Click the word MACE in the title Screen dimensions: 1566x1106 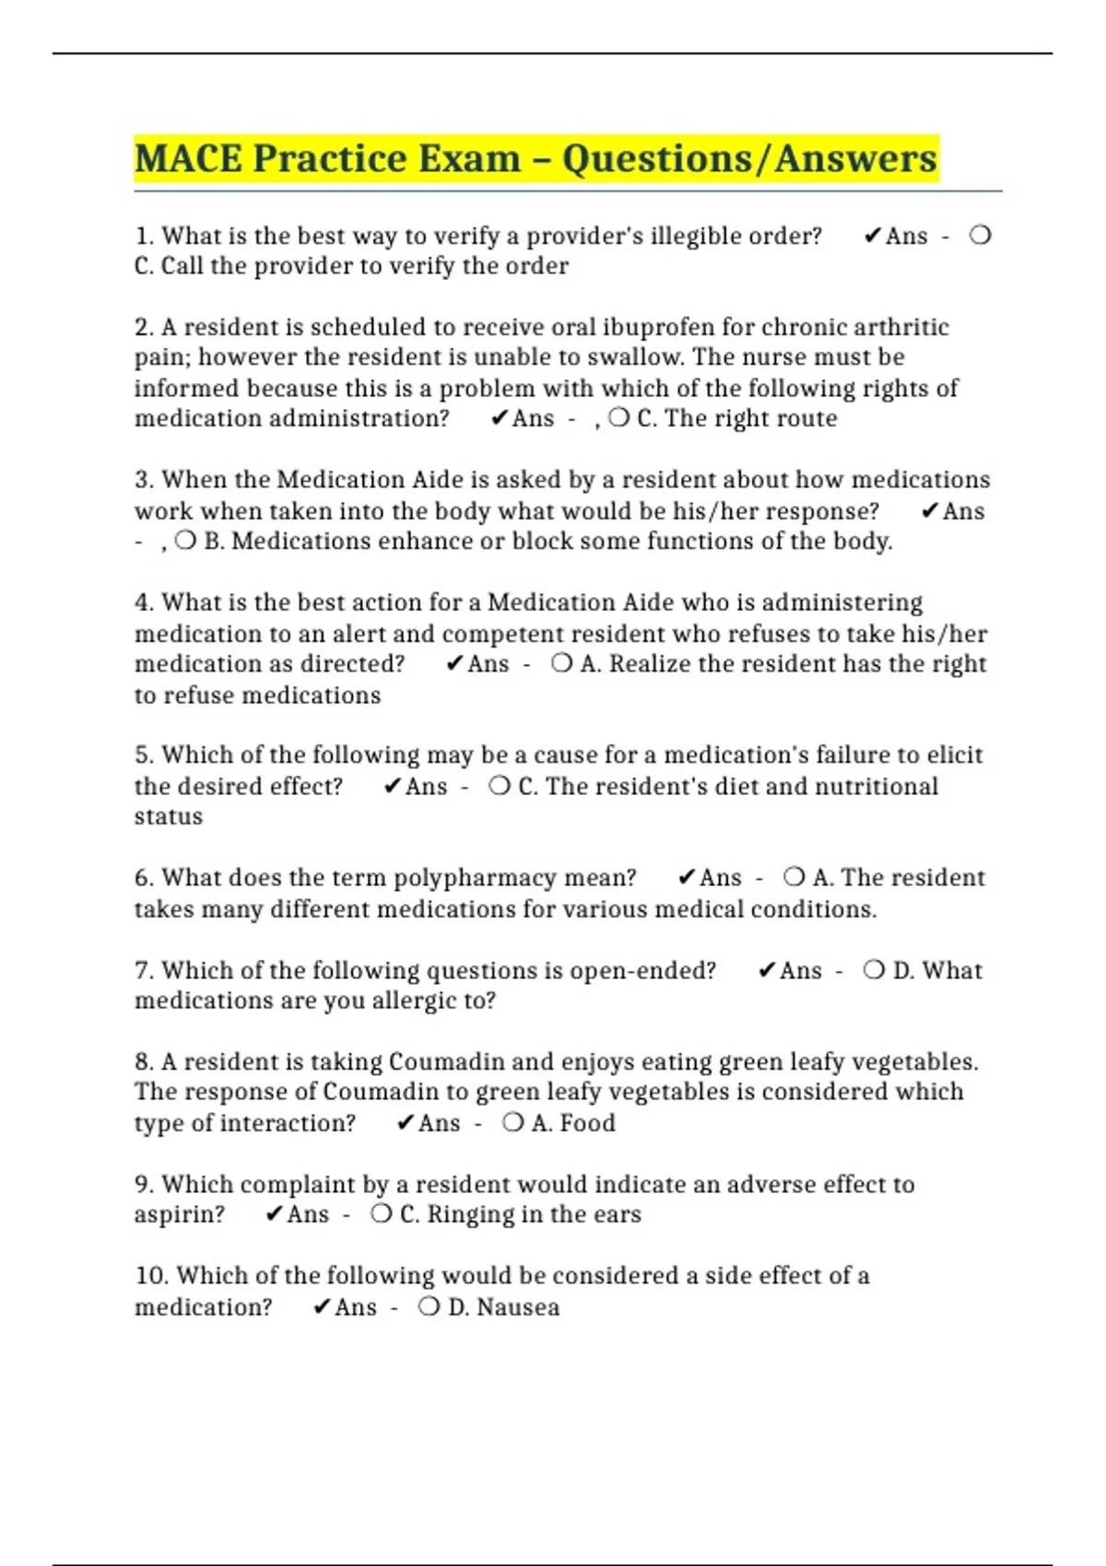188,158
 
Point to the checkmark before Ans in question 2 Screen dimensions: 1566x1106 499,418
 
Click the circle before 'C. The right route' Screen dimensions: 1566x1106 619,418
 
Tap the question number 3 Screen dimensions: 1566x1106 144,480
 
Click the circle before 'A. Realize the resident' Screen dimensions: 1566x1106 561,664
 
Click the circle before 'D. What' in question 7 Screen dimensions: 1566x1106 874,970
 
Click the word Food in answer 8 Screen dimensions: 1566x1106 587,1123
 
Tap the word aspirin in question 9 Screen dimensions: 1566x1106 179,1214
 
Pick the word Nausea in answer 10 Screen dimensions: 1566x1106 518,1307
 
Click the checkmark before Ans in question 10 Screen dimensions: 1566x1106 321,1307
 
